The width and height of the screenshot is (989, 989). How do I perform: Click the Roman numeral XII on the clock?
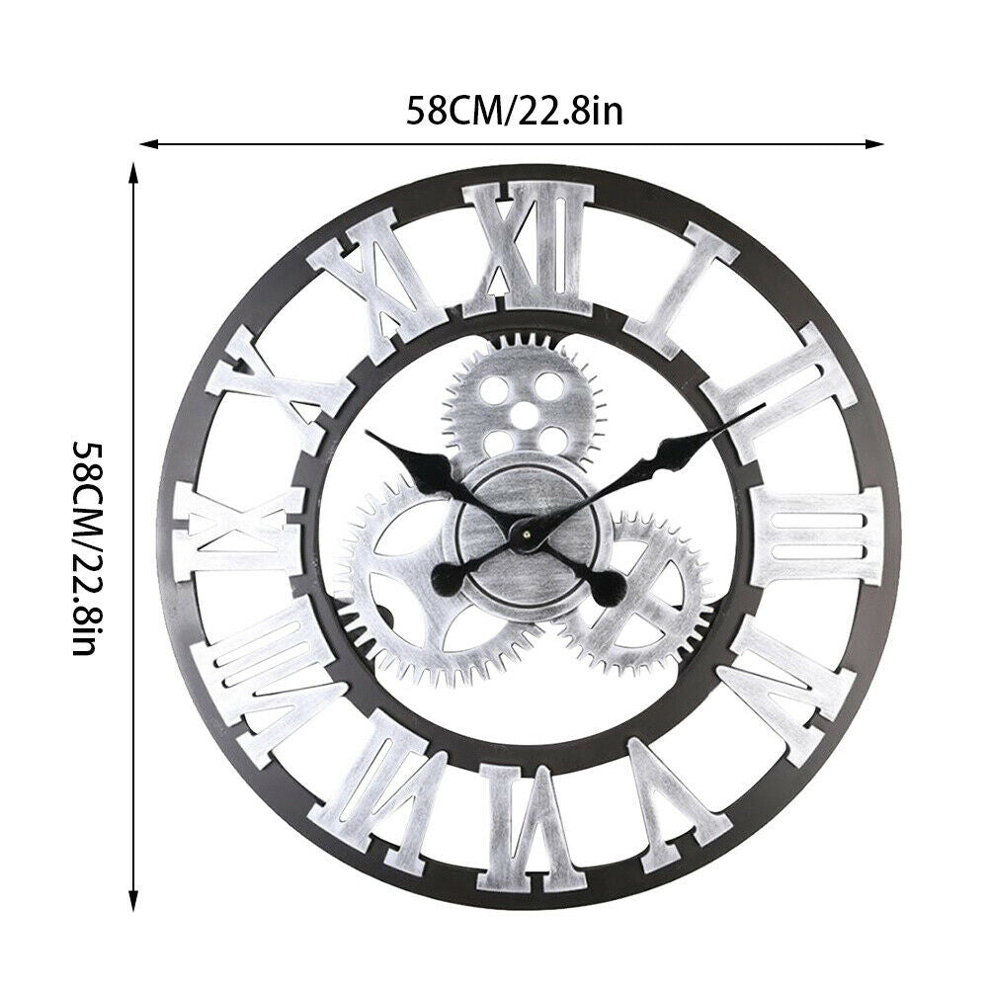pos(528,249)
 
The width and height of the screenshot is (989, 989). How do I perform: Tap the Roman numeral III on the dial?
pos(815,535)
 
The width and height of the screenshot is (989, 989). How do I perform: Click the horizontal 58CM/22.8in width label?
pos(514,112)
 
